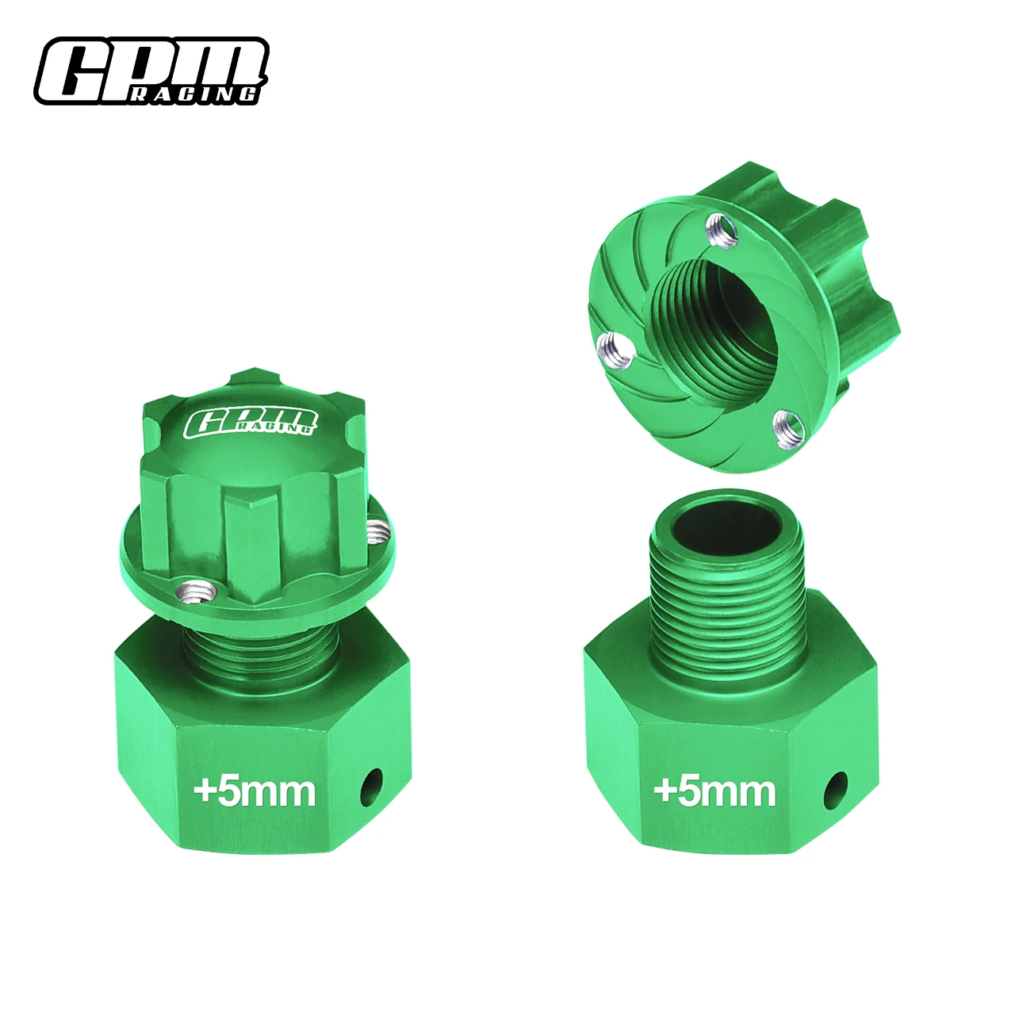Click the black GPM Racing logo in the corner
tap(151, 71)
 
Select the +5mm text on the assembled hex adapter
tap(255, 791)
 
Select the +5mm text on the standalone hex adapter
tap(714, 791)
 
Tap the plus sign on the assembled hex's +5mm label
tap(205, 792)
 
